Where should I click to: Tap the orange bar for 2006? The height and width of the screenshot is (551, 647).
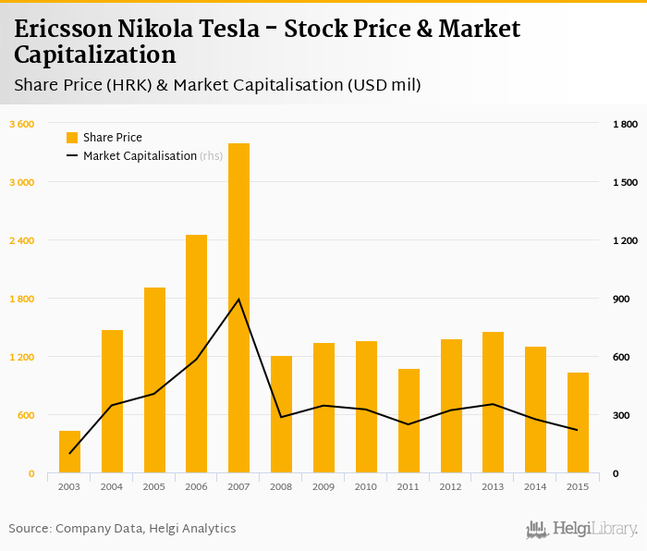tap(196, 354)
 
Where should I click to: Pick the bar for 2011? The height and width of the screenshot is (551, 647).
tap(409, 421)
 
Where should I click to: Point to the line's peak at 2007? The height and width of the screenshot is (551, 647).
tap(238, 300)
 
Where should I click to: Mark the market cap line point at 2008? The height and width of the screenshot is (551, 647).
tap(281, 417)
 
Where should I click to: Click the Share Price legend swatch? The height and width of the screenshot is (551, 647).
tap(72, 138)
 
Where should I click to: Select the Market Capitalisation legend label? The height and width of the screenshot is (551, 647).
tap(140, 156)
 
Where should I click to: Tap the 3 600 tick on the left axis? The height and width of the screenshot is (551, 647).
tap(21, 124)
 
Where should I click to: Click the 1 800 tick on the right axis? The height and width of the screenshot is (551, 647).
tap(625, 124)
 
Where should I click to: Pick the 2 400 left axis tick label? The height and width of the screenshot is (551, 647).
tap(21, 240)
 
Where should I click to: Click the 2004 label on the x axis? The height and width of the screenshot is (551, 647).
tap(112, 486)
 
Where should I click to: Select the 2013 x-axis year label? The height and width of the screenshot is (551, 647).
tap(493, 486)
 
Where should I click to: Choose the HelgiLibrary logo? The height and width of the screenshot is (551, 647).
tap(581, 530)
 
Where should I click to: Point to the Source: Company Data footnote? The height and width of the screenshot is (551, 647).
tap(122, 529)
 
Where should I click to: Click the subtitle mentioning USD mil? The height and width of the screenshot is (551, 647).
tap(218, 85)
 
